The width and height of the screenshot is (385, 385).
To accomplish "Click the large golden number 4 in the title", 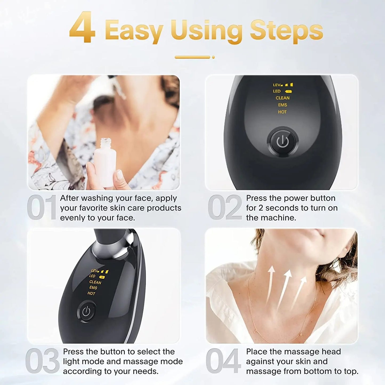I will click(x=82, y=28).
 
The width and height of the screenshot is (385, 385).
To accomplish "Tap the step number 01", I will click(x=42, y=208).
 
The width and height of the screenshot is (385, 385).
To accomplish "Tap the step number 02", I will click(x=225, y=208).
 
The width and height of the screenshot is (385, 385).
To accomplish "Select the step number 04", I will click(x=223, y=361).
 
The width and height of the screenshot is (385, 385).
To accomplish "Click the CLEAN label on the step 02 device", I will click(x=282, y=98).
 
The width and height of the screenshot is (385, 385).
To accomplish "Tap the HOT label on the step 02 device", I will click(x=282, y=112).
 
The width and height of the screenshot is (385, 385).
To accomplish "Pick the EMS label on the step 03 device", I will click(x=93, y=287).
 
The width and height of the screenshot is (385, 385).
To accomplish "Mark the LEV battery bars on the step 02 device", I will click(x=289, y=85).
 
